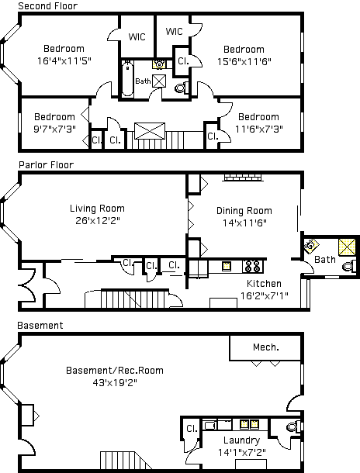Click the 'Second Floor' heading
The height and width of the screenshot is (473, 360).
point(47,5)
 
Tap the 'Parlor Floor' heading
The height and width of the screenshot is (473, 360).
point(47,164)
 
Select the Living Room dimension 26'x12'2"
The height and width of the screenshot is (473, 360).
point(98,220)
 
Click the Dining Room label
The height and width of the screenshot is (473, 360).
point(244,211)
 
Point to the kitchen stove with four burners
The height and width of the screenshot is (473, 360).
point(253,267)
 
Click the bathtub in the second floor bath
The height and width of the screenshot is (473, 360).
point(128,78)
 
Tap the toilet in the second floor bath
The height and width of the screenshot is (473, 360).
point(182,88)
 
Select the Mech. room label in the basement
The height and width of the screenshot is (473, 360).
point(266,347)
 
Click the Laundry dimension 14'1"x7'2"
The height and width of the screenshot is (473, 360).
point(242,452)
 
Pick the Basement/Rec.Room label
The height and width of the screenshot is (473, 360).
point(115,370)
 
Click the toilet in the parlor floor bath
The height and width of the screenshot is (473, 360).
point(349,267)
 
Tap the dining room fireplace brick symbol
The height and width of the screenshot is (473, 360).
point(243,178)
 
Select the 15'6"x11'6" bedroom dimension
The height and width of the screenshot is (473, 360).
point(244,61)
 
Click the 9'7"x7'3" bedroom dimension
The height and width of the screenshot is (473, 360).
point(54,129)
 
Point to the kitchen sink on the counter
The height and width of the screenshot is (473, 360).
point(227,267)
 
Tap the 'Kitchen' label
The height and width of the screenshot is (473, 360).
point(264,284)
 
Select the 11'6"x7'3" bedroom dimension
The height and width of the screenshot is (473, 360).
point(259,129)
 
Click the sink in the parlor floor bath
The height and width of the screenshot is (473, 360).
point(311,245)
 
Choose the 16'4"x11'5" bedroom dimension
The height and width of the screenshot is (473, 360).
point(64,61)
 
